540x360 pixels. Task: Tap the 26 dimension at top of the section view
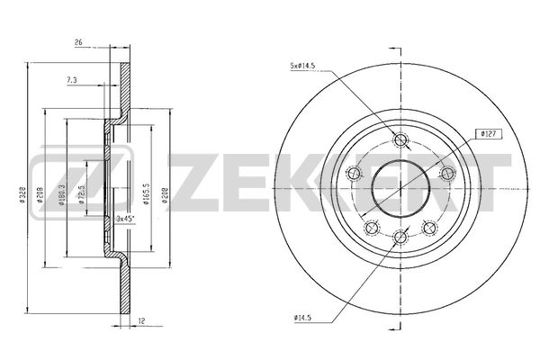click(78, 42)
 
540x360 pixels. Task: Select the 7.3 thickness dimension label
click(71, 80)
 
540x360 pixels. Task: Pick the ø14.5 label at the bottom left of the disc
click(305, 317)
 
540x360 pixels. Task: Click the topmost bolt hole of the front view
click(400, 139)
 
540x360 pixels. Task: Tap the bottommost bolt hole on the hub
click(400, 237)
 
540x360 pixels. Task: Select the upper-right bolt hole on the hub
click(445, 174)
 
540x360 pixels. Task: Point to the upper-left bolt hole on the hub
click(355, 174)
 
